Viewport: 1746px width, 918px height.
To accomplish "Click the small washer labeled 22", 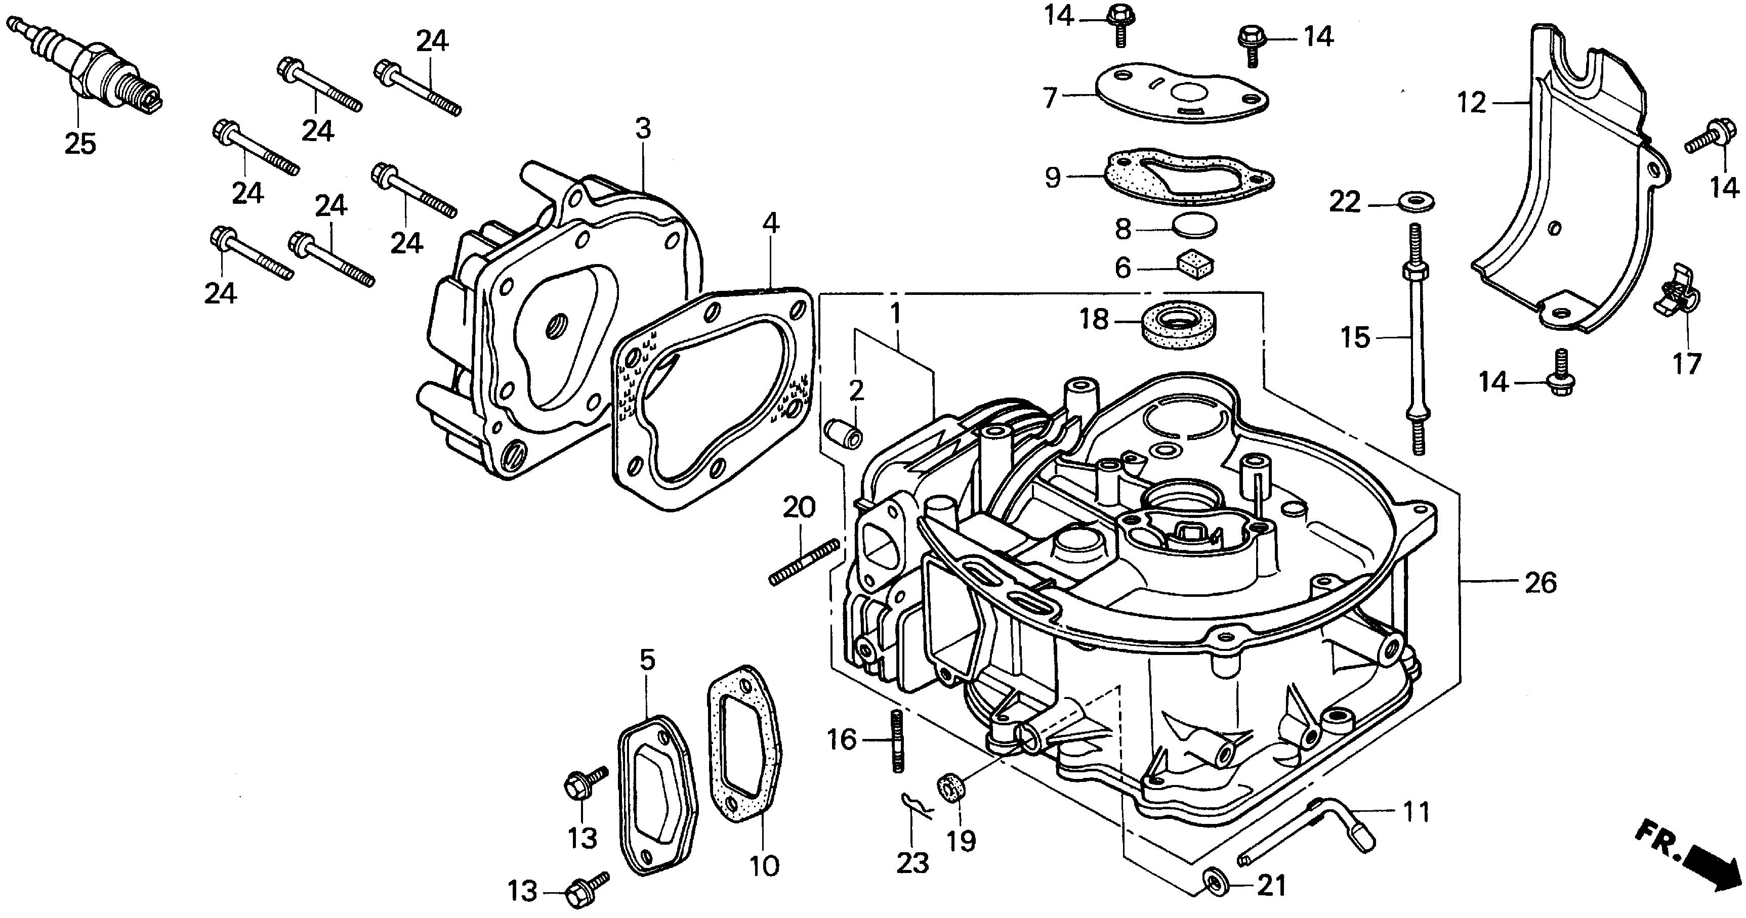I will point(1417,202).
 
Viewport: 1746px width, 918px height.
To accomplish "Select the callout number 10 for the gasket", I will point(765,865).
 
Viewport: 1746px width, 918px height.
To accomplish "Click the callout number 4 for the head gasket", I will point(771,223).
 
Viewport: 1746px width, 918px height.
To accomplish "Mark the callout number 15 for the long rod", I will point(1356,337).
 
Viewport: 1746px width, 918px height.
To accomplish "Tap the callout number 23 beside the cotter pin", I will point(912,862).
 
